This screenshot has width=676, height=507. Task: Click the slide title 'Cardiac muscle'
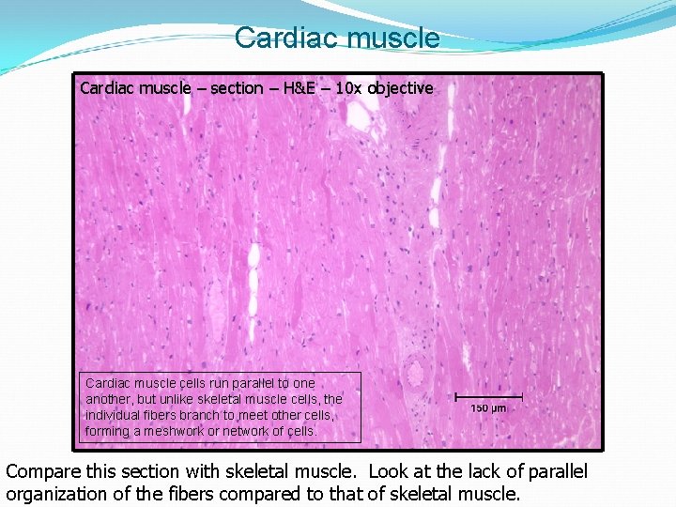(x=337, y=38)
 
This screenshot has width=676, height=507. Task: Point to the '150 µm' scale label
(x=488, y=408)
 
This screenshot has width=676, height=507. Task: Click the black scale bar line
(x=488, y=397)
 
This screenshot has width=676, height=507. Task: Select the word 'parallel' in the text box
(x=254, y=383)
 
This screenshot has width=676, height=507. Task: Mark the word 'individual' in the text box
(x=115, y=415)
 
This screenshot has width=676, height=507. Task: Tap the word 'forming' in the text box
(x=106, y=431)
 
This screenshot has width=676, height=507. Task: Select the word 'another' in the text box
(x=109, y=399)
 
